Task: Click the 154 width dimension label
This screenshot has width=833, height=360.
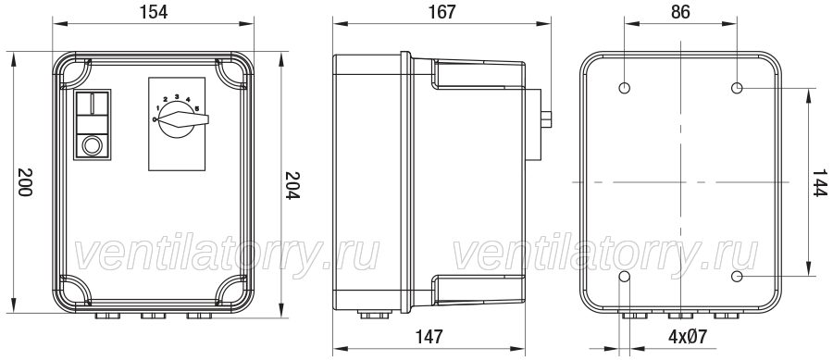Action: pos(154,12)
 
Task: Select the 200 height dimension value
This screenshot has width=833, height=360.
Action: pos(25,182)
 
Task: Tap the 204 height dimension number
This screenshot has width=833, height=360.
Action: pos(292,185)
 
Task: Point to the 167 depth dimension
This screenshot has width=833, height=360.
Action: pos(442,12)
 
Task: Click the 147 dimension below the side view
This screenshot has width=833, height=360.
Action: pos(429,337)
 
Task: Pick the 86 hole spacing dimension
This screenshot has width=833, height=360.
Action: pos(680,12)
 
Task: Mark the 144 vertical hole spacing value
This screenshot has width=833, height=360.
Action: pos(820,182)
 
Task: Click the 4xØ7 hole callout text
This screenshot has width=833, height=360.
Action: pos(688,337)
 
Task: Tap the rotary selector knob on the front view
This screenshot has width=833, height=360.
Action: pos(177,120)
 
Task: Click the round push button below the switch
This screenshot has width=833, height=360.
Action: pos(92,145)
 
